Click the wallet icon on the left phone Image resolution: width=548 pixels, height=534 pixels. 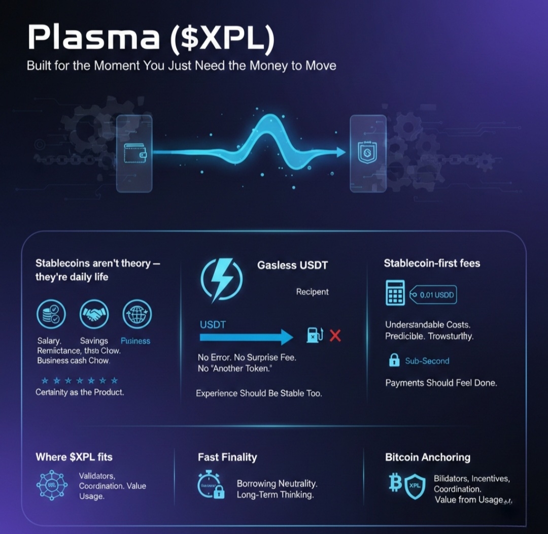pos(134,152)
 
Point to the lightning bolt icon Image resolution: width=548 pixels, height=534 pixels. pos(222,280)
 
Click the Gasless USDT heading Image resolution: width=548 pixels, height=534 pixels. pos(292,265)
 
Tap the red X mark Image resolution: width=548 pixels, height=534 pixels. pos(335,336)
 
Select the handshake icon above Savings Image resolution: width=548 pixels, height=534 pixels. pos(94,315)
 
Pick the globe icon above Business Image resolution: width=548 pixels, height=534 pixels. pos(136,315)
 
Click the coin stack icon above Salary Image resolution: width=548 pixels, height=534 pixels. pos(51,315)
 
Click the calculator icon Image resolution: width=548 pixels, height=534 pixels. pos(395,293)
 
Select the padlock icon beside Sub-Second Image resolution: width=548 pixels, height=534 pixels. pos(394,360)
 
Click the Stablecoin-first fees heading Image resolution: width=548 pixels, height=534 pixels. pos(432,263)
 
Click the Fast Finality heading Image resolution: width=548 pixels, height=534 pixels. pos(227,457)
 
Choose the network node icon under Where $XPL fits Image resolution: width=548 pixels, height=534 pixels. pos(52,485)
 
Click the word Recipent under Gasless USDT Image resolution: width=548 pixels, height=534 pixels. pos(312,292)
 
